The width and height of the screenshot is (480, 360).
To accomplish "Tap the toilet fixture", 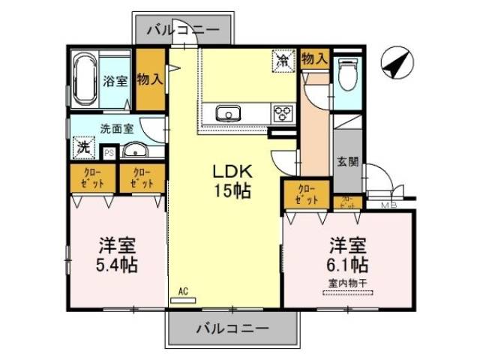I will tap(346, 75).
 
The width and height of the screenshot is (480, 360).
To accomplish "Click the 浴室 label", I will tap(116, 81).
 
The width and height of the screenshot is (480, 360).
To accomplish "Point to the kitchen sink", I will tap(227, 114).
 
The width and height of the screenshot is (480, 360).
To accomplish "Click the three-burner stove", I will tap(283, 114).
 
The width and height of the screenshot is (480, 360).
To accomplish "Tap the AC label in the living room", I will tap(183, 292).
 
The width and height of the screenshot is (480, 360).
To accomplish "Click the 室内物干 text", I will tap(346, 283).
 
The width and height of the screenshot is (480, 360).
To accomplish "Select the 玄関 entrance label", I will tap(347, 161).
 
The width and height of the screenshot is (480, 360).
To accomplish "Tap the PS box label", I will tap(109, 153).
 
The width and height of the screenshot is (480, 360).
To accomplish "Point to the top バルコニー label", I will tap(183, 31).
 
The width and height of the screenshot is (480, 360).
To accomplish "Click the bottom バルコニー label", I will tap(232, 328).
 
